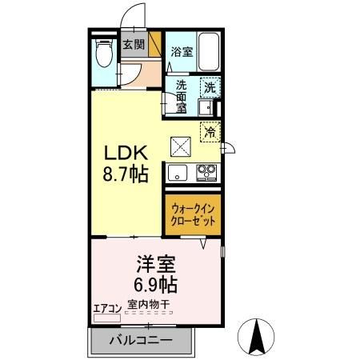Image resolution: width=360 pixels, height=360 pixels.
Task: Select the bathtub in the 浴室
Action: click(x=208, y=54)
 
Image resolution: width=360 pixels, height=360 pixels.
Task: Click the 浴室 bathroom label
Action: click(x=181, y=52)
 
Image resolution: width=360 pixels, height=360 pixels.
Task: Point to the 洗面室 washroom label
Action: click(x=181, y=96)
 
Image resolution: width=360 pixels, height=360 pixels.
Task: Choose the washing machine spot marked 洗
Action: click(x=208, y=89)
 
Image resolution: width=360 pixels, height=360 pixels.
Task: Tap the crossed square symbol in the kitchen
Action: click(x=180, y=146)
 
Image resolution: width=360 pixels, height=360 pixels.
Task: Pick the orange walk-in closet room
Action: click(x=193, y=214)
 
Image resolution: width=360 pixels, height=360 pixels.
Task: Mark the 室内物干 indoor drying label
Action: click(x=149, y=305)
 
